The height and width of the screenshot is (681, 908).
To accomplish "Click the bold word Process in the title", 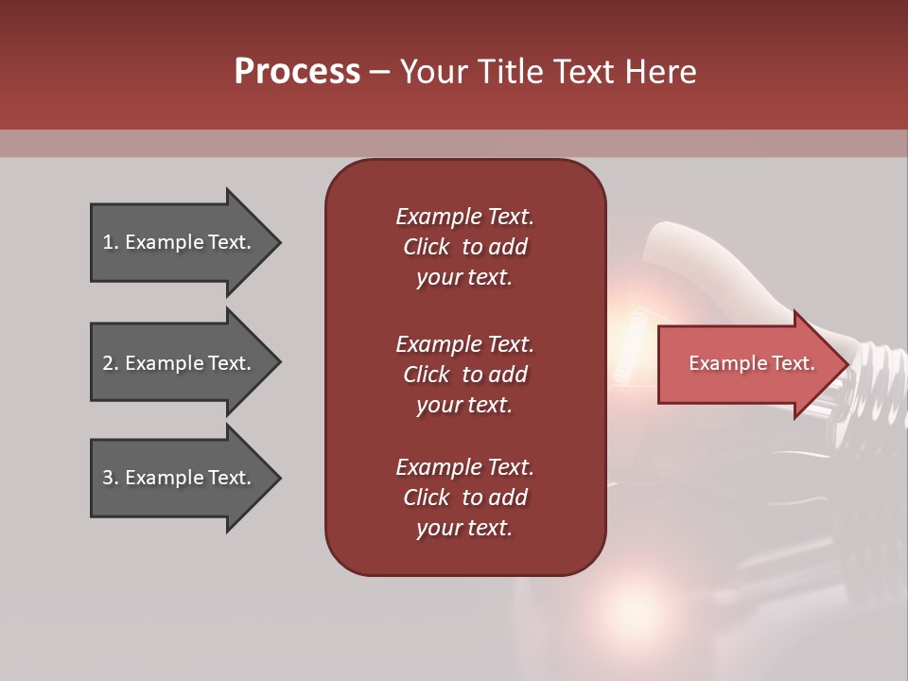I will click(297, 72).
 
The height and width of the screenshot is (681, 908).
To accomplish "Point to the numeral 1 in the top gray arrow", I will click(108, 242).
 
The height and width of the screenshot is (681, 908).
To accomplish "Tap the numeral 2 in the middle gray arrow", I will click(108, 363).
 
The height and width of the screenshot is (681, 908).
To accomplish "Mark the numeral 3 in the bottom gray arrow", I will click(108, 478).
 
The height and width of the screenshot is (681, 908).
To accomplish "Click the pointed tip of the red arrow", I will click(844, 364).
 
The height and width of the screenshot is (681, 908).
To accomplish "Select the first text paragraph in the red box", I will click(464, 247).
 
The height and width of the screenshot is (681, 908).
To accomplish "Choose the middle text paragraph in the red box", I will click(464, 375).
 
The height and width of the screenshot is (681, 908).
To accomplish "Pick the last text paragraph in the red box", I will click(464, 498).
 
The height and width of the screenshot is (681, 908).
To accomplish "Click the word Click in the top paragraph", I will click(426, 247).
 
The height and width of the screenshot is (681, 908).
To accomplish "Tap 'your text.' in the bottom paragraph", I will click(464, 528).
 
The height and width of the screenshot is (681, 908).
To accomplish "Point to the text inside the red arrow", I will click(752, 363).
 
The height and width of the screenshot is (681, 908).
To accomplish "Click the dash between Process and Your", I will click(379, 73).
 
